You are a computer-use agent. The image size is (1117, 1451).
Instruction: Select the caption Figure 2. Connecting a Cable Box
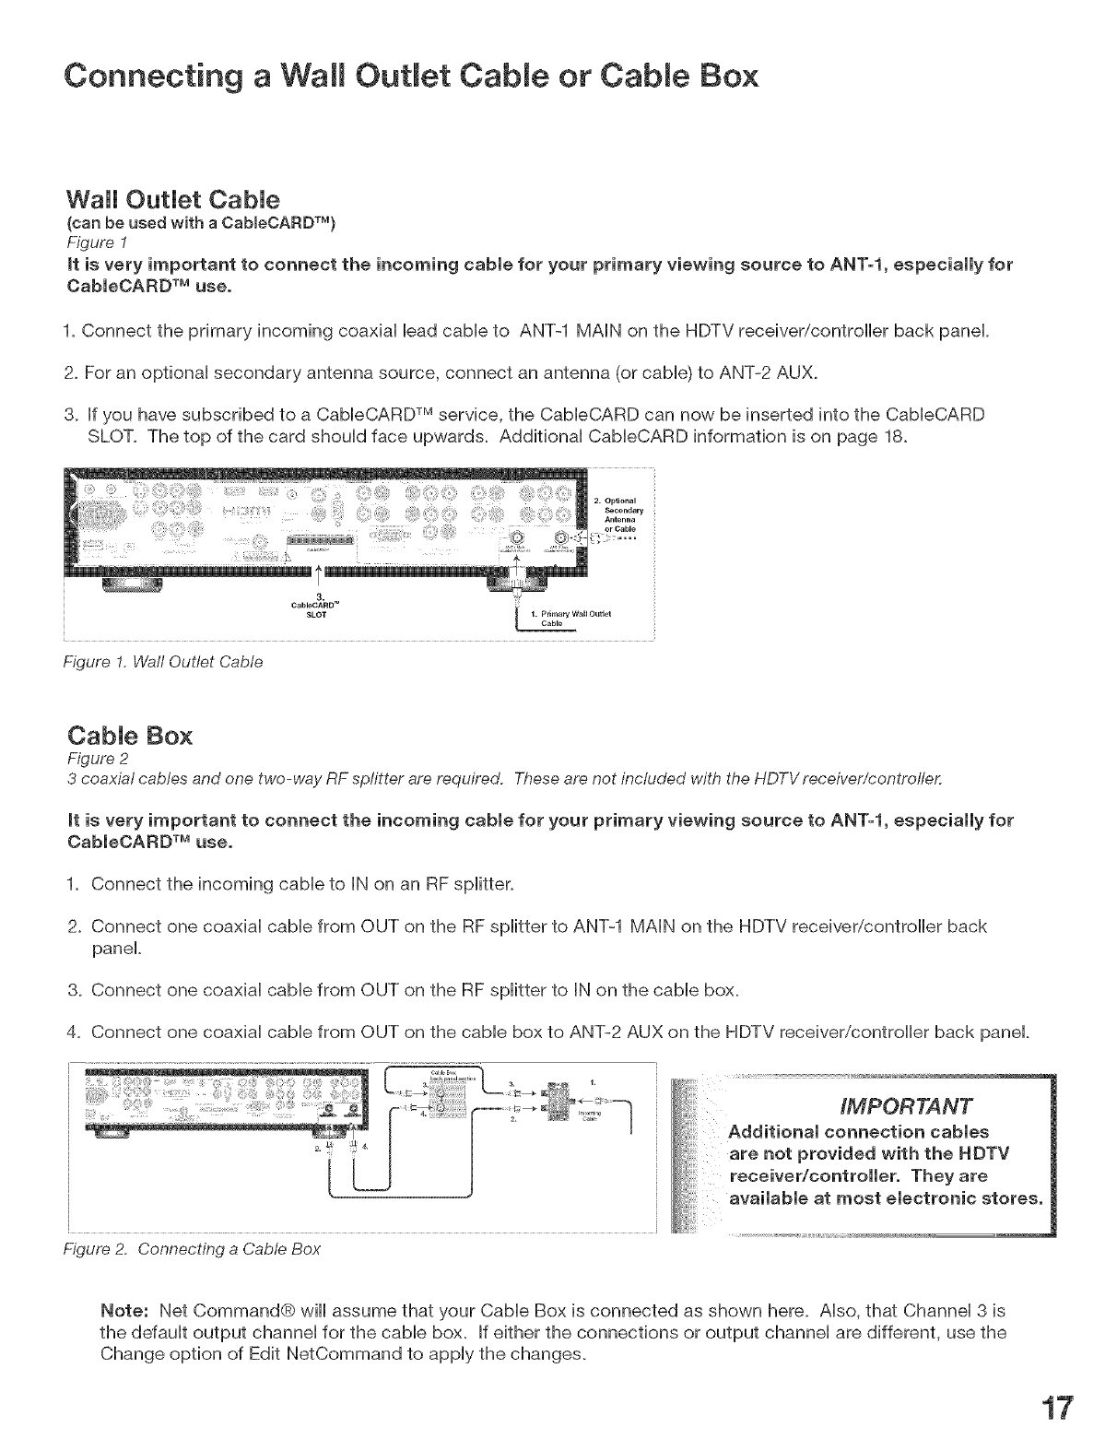tap(194, 1249)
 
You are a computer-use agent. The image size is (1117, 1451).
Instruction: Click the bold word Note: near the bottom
tap(124, 1311)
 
